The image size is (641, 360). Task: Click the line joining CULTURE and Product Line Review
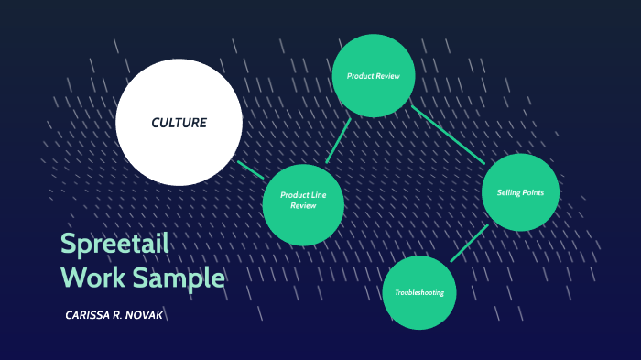pyautogui.click(x=250, y=169)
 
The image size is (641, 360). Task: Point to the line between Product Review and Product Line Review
pyautogui.click(x=338, y=141)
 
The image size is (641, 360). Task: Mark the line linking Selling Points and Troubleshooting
pyautogui.click(x=469, y=243)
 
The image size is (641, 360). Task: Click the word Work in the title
pyautogui.click(x=89, y=277)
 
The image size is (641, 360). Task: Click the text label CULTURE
pyautogui.click(x=179, y=123)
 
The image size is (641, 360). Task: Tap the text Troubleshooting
pyautogui.click(x=419, y=293)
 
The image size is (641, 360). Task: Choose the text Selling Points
pyautogui.click(x=520, y=192)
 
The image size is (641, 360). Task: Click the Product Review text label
pyautogui.click(x=374, y=75)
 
